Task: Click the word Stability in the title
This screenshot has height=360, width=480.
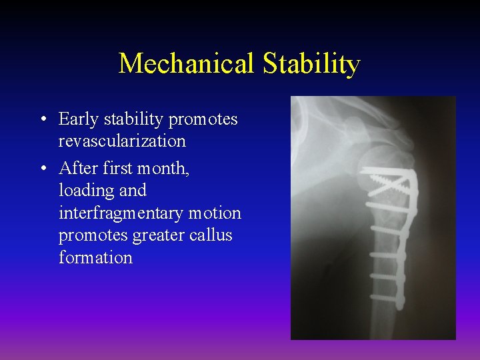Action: (311, 64)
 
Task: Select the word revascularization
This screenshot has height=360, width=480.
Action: (122, 141)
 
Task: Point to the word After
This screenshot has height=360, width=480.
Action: (76, 168)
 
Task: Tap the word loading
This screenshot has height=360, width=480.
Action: (85, 191)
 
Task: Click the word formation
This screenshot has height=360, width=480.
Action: (95, 257)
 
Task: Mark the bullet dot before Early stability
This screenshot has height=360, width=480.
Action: (42, 120)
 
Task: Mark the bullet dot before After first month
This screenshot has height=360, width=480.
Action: (42, 169)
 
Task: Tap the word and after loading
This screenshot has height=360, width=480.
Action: (133, 191)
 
